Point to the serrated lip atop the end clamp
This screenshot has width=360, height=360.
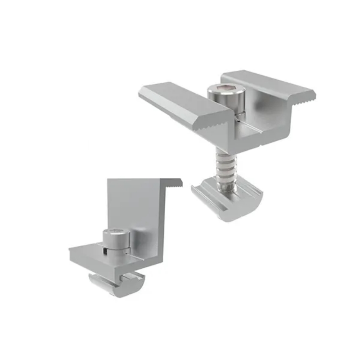pyautogui.click(x=173, y=182)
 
